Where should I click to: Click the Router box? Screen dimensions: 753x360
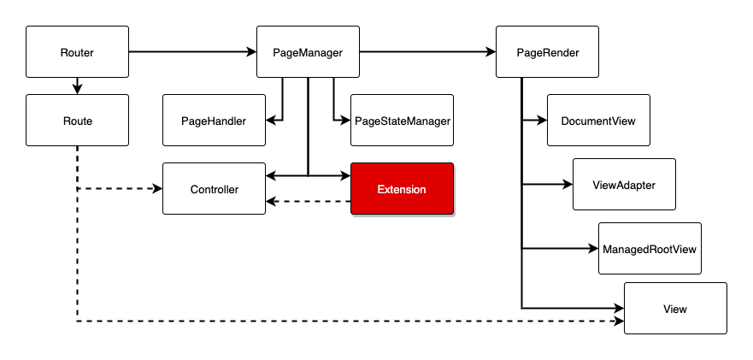click(77, 52)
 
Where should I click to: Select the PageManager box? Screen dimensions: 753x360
click(308, 52)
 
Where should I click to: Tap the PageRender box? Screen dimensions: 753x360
click(548, 52)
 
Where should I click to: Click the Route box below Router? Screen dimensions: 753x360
click(77, 121)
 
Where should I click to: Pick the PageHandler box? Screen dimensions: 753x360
click(215, 121)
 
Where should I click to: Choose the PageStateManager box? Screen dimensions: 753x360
click(402, 121)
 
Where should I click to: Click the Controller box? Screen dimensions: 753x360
click(215, 188)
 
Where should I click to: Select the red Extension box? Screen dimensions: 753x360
click(402, 188)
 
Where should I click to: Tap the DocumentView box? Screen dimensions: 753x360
click(598, 121)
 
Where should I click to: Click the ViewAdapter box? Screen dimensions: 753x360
click(624, 184)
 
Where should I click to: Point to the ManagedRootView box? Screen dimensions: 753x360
click(650, 249)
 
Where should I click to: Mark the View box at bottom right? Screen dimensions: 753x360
click(675, 308)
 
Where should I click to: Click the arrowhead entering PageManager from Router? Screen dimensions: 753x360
click(251, 52)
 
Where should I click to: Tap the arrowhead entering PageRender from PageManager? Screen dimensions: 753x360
click(491, 52)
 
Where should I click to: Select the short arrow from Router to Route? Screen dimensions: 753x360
click(77, 86)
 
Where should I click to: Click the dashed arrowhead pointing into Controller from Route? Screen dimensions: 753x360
click(157, 188)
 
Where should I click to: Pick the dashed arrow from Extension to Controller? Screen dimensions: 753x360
click(309, 202)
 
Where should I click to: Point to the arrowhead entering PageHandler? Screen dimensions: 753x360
click(271, 121)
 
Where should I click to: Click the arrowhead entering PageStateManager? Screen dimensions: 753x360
click(345, 121)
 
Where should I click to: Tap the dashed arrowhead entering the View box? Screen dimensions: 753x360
click(619, 321)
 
